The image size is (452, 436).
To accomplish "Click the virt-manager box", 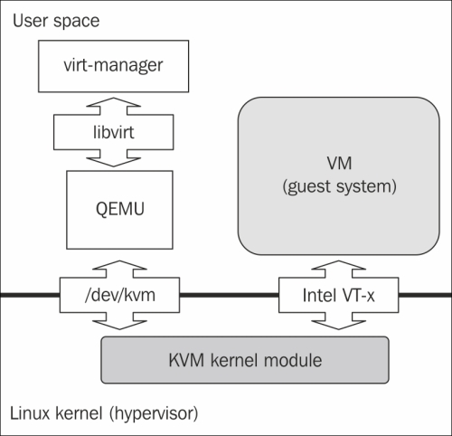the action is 114,66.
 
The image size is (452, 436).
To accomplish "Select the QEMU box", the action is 119,210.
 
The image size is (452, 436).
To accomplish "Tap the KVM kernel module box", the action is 245,360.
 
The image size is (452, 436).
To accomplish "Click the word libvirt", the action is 114,132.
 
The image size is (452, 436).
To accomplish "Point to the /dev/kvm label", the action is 120,295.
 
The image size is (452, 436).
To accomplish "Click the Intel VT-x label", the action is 338,295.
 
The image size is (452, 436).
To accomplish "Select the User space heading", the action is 56,21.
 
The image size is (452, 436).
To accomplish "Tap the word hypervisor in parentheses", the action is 154,413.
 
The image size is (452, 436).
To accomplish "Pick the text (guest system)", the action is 339,186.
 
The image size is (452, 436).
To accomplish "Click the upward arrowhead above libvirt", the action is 113,102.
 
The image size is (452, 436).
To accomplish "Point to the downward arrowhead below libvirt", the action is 113,162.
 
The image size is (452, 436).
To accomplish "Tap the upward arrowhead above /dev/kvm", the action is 119,265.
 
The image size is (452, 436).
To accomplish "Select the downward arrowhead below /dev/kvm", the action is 119,325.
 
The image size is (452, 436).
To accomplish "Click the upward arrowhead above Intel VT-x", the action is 338,265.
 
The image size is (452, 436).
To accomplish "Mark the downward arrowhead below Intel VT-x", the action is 338,325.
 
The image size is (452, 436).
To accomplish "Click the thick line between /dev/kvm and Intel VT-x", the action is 230,295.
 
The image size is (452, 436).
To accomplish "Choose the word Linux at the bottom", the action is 31,413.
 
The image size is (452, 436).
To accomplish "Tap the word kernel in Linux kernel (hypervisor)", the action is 80,413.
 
